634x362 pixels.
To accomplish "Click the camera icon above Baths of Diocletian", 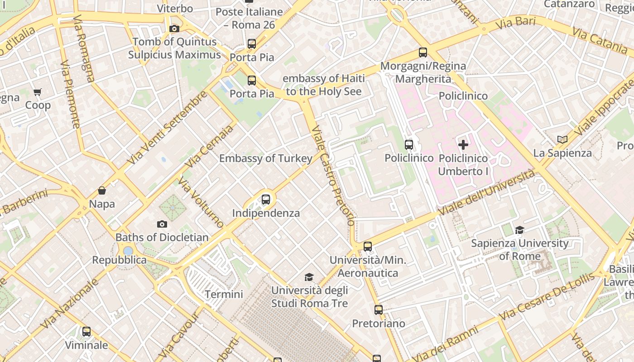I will coord(162,224).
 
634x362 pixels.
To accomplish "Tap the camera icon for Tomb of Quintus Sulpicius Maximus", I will coord(174,29).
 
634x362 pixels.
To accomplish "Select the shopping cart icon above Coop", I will coord(38,92).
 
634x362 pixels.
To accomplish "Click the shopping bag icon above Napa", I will coord(102,191).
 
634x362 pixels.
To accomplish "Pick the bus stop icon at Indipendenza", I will coord(266,199).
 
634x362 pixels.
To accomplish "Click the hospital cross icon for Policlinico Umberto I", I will coord(463,145).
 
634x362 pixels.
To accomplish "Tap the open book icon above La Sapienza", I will coord(562,140).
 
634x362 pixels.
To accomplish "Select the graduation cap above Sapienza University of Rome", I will coord(519,230).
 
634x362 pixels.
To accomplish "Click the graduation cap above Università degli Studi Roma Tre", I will coord(309,277).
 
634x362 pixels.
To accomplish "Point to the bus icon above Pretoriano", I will coord(379,310).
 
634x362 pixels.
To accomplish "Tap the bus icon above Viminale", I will coord(86,332).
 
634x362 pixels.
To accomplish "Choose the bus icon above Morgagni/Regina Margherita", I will coord(423,52).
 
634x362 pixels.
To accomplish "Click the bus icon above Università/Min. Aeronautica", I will coord(368,247).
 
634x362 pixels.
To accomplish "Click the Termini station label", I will coord(224,294).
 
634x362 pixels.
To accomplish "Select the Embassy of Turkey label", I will coord(266,158).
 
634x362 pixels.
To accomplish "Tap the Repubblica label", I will coord(120,260).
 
